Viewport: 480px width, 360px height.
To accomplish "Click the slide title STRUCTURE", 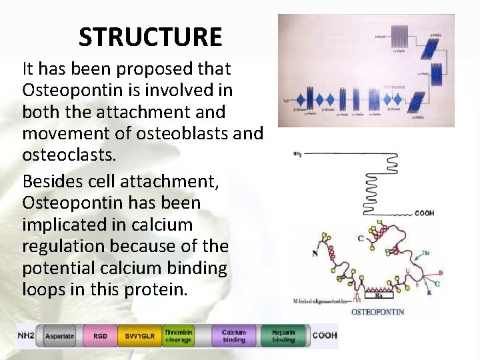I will click(150, 37).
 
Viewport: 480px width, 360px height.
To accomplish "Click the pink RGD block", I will click(100, 336).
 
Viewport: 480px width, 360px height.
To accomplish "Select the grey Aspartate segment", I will click(59, 336).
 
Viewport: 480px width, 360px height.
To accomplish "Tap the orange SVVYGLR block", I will click(139, 336).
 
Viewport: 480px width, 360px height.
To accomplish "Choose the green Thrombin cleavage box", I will click(179, 336).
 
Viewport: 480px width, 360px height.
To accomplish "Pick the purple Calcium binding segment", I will click(233, 336).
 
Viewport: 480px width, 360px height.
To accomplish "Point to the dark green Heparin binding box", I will click(283, 336).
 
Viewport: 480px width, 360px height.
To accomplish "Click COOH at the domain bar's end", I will click(325, 336).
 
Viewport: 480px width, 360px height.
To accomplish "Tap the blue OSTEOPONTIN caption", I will click(377, 311).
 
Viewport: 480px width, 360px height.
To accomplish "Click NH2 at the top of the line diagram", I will click(297, 154).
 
